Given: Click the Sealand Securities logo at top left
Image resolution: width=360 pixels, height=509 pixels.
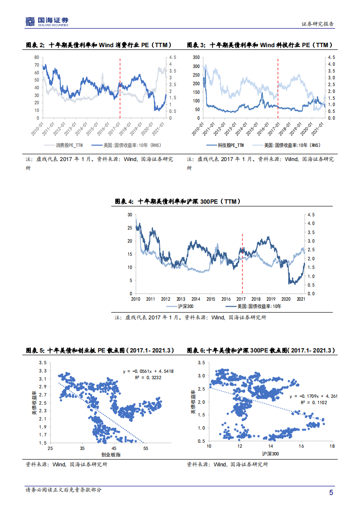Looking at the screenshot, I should point(47,21).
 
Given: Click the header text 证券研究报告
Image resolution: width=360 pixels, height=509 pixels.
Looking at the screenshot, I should point(318,24).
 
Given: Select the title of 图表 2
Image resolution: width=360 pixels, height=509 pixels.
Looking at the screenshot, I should point(99,45).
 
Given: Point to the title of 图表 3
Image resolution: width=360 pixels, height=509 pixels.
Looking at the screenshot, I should point(260,45).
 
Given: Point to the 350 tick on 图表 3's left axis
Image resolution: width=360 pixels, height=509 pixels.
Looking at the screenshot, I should point(196,58).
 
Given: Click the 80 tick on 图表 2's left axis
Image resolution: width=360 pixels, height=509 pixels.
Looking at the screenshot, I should point(36,58).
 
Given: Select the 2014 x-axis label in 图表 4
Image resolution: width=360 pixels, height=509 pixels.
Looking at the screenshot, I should point(196,299).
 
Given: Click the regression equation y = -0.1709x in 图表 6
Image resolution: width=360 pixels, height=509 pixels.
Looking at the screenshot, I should point(313,396).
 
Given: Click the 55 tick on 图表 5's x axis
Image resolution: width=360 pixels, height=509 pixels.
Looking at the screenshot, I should point(146,448).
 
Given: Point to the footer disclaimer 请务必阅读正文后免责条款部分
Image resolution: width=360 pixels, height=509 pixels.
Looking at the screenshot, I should point(64,490).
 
